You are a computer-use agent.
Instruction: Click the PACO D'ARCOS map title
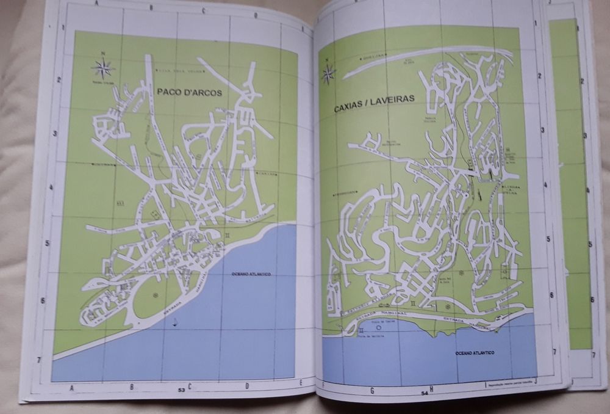(x=189, y=92)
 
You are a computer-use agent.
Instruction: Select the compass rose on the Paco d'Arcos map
(x=102, y=67)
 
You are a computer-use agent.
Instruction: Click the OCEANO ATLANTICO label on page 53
(x=251, y=274)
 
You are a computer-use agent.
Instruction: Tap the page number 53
(x=181, y=389)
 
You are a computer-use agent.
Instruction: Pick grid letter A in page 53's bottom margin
(x=73, y=387)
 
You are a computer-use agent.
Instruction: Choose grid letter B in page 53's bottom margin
(x=131, y=387)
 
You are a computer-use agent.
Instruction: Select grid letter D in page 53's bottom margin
(x=247, y=386)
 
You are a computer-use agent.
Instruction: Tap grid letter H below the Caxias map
(x=431, y=388)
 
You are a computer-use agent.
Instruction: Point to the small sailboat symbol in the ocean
(x=175, y=322)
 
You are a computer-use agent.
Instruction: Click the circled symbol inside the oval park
(x=155, y=295)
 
